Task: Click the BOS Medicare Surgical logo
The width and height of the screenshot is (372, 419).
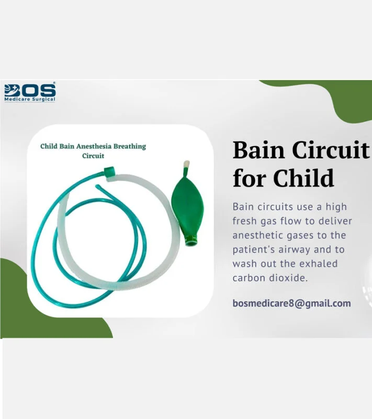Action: (29, 92)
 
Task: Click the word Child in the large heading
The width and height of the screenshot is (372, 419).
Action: (304, 178)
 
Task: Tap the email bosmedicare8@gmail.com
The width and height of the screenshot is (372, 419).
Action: (291, 303)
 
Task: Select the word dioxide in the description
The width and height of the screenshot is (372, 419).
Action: (291, 278)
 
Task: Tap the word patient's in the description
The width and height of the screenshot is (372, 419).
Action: (253, 249)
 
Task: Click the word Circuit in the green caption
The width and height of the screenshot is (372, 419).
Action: (93, 156)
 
